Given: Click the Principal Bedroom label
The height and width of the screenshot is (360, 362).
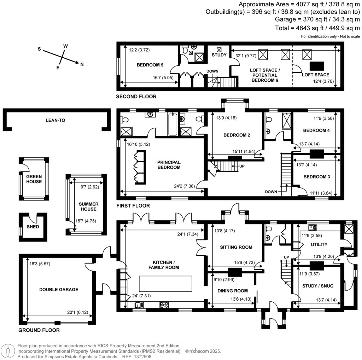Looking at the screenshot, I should pos(169,165).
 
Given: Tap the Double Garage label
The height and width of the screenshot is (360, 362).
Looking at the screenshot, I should pos(59,289).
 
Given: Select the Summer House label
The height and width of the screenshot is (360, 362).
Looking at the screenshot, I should pos(88,207).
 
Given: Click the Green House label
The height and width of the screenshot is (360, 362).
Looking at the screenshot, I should pos(34,179).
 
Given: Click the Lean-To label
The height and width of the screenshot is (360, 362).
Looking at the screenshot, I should pos(56,120).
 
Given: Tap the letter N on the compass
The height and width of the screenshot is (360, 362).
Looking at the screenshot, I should pos(82,64).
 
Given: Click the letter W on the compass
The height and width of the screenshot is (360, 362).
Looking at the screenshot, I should pos(65,46).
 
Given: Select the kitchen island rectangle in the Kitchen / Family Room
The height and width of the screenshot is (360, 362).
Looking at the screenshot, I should pos(165,283).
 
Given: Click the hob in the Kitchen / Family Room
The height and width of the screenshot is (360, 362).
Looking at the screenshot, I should pos(164,305).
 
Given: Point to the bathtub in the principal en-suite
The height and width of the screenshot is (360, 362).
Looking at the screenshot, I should pos(173,124).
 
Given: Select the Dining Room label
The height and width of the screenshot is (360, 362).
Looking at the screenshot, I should pos(232,291).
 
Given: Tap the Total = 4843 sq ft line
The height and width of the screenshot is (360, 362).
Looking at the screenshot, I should pos(317,28).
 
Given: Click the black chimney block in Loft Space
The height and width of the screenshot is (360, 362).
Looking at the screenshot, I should pos(317,65).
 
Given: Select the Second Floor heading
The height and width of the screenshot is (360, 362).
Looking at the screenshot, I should pos(136,96).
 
